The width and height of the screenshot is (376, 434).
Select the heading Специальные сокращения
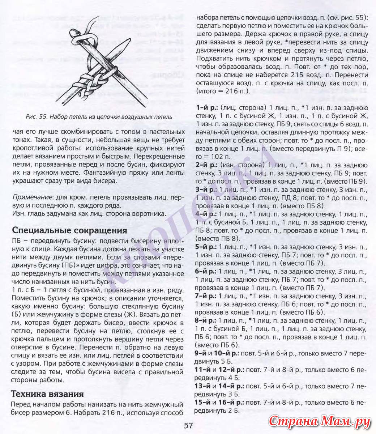[69, 230]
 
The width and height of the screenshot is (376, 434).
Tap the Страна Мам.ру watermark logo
[320, 422]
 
